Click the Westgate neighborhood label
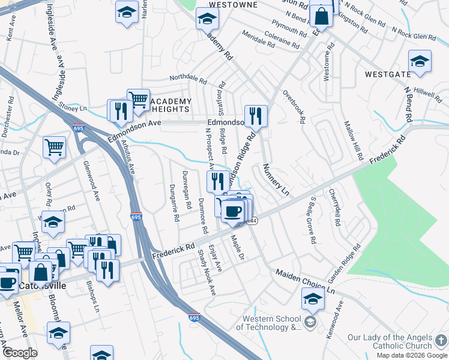pos(388,74)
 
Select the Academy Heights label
pos(169,105)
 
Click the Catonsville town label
pos(42,286)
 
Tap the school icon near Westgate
pos(420,61)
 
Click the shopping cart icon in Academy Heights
pos(138,99)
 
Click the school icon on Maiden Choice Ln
pos(313,298)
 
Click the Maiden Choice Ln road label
pos(304,281)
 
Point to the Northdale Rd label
pos(188,79)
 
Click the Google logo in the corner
pos(20,353)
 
